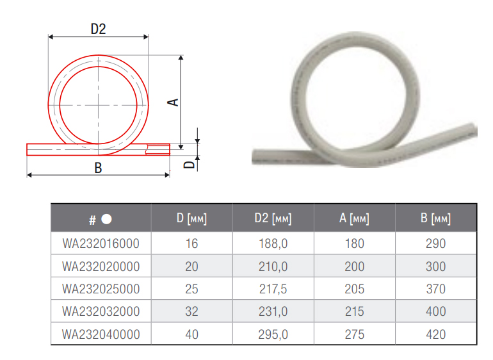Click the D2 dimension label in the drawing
click(98, 29)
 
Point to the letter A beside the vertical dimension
click(174, 102)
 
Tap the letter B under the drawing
click(98, 168)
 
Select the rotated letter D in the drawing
click(190, 165)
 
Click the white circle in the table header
click(106, 219)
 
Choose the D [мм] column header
click(191, 218)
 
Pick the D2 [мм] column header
click(273, 218)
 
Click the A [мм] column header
click(354, 218)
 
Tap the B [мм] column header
click(435, 218)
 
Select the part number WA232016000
click(101, 243)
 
